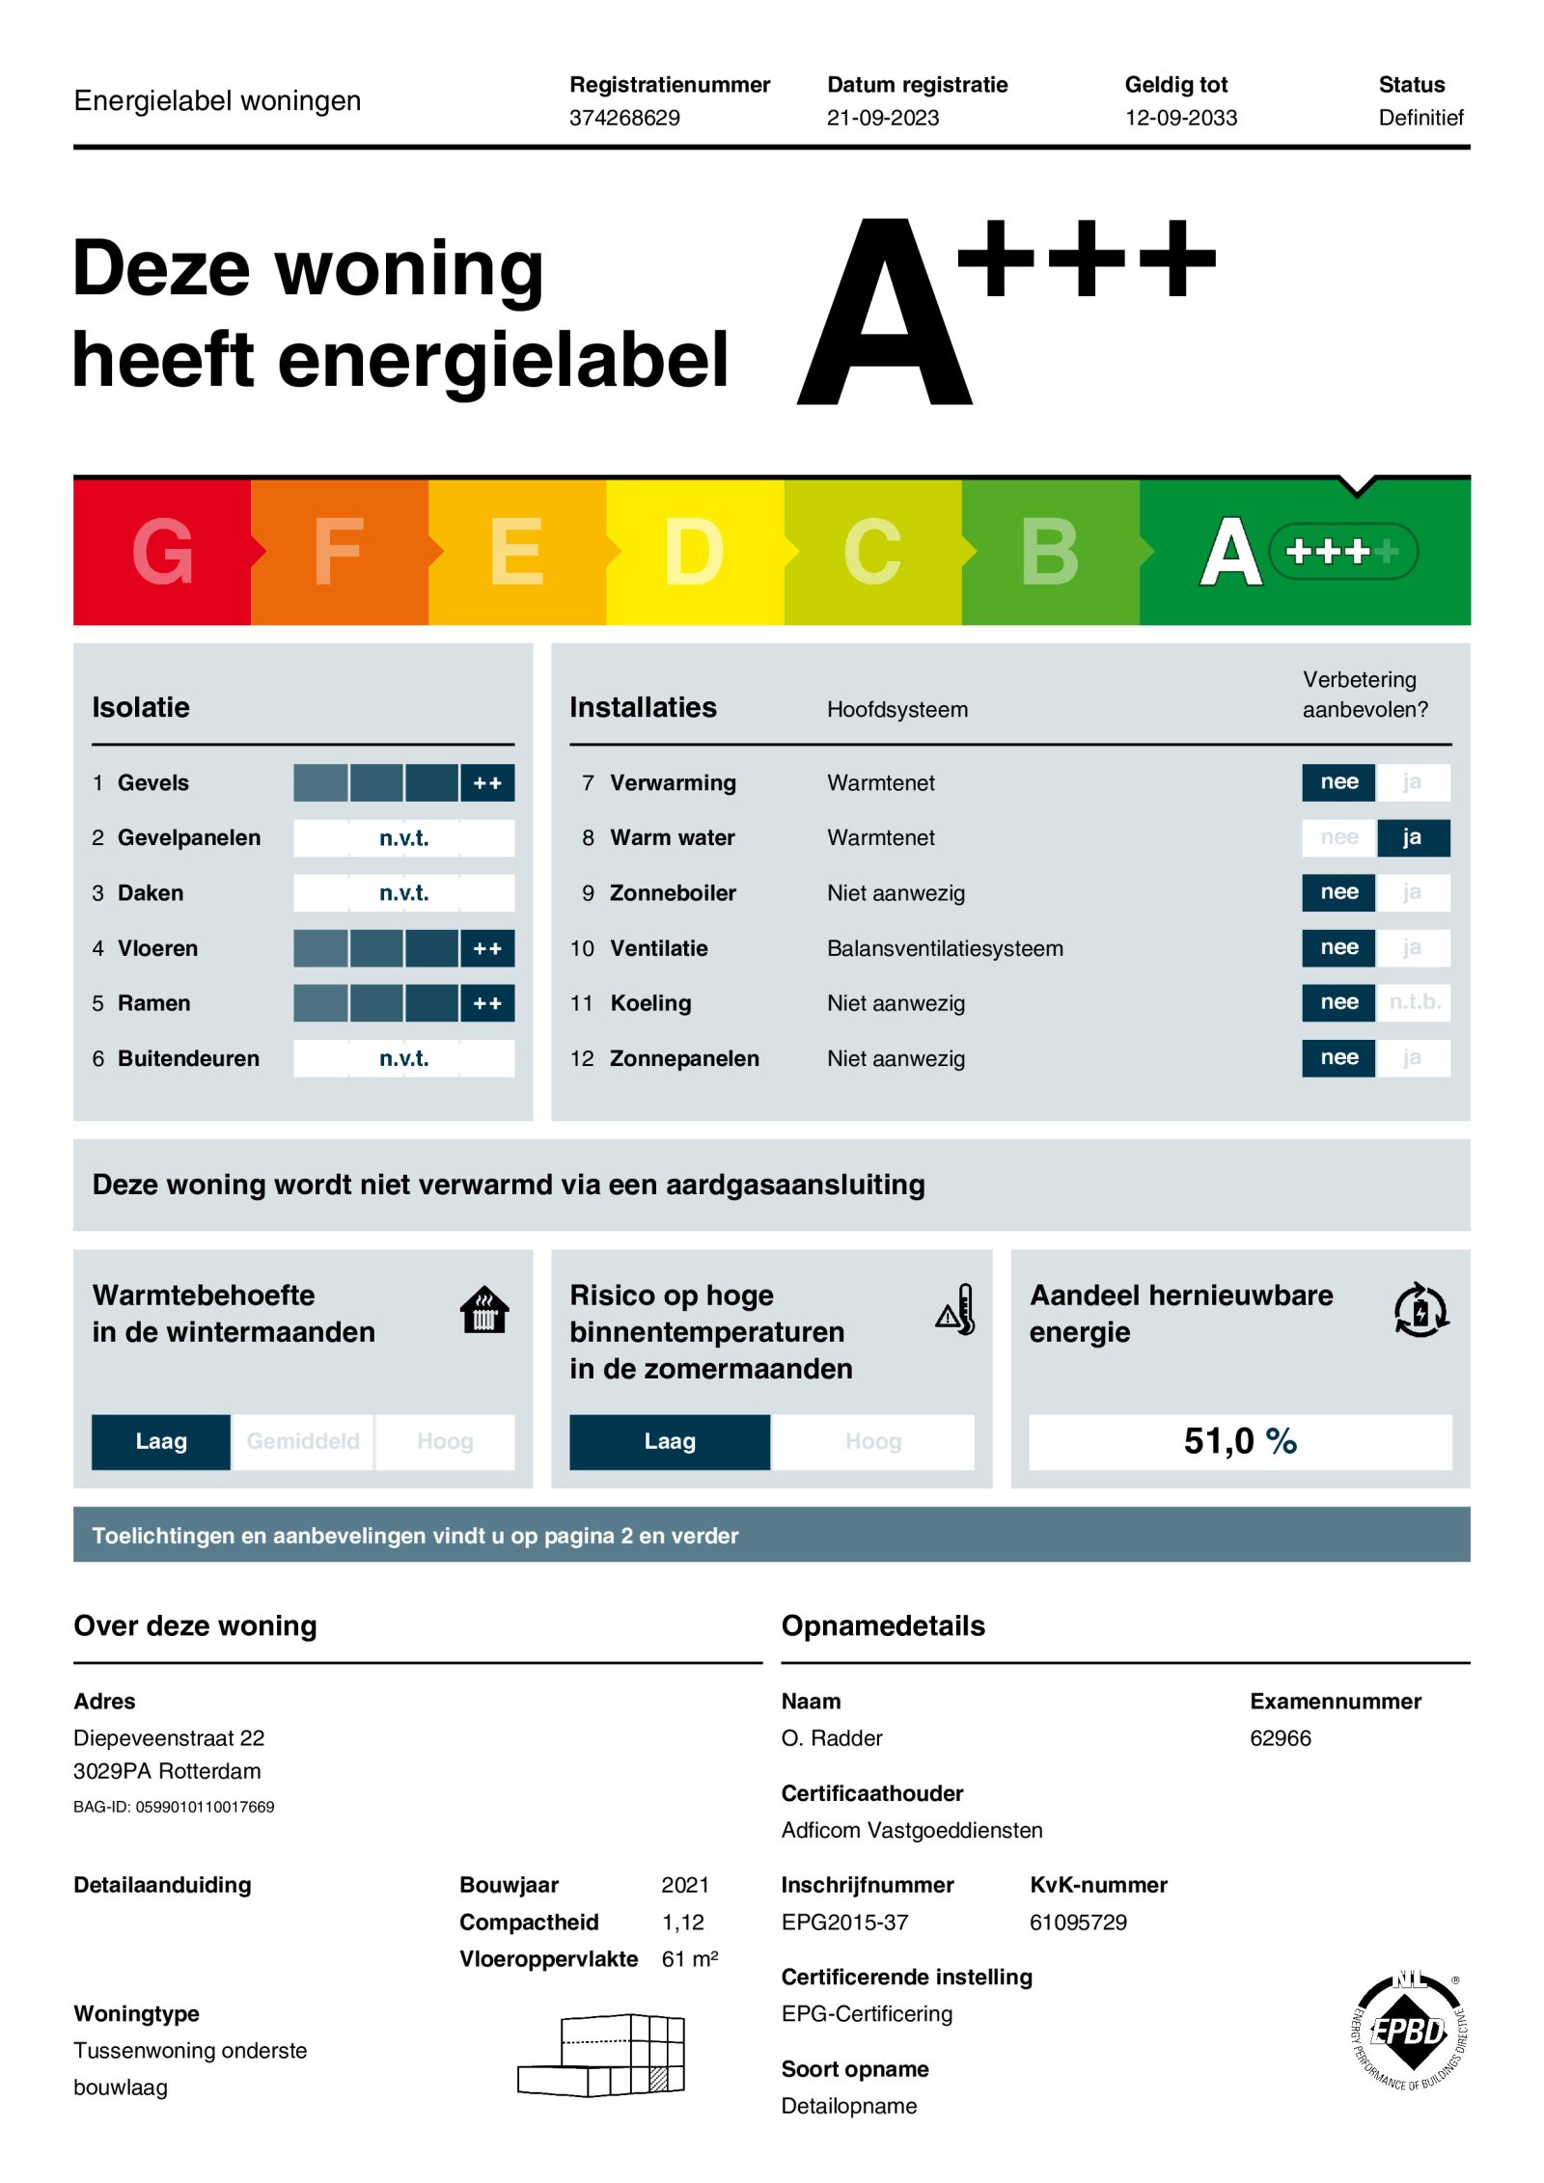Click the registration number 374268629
coord(624,118)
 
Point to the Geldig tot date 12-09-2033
coord(1180,118)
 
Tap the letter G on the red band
coord(162,551)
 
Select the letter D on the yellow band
coord(694,551)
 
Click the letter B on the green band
coord(1049,551)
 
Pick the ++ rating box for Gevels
coord(487,783)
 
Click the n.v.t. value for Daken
coord(403,893)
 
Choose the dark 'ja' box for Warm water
coord(1412,837)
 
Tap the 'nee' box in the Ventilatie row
coord(1338,948)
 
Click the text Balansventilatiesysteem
coord(945,949)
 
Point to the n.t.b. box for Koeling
coord(1414,1002)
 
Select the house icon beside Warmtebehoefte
coord(484,1310)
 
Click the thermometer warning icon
coord(956,1310)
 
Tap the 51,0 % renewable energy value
coord(1240,1441)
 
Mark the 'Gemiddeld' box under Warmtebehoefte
coord(303,1441)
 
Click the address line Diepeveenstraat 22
coord(169,1738)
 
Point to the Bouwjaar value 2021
coord(685,1885)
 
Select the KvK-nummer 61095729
coord(1078,1923)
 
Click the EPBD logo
coord(1409,2031)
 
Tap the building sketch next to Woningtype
coord(602,2055)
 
